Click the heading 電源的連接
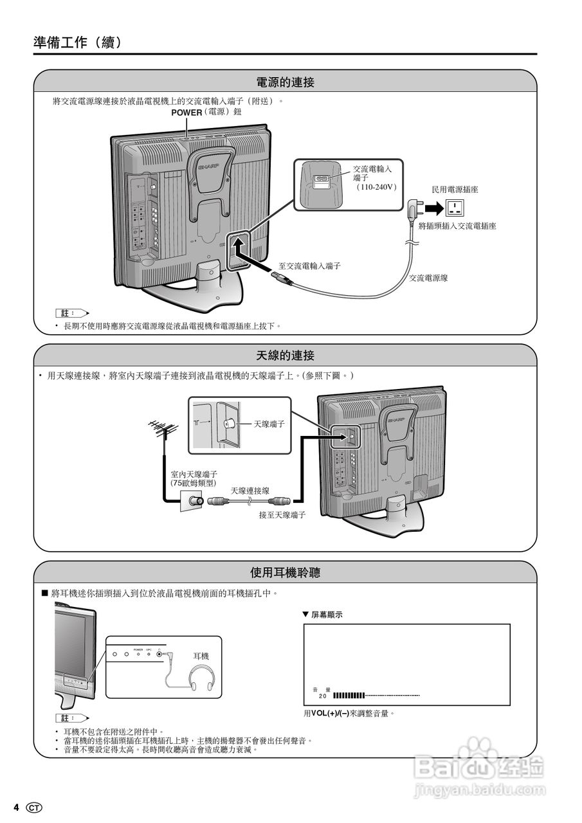285,82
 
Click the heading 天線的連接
285,356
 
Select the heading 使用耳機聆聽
285,572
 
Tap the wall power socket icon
455,208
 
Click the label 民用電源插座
455,190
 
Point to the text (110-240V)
376,187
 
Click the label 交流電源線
429,278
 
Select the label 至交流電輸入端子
309,266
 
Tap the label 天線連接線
250,491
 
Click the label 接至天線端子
282,515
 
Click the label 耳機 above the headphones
201,656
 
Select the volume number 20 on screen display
323,696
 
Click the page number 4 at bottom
17,807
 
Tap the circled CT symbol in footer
34,807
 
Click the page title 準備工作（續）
77,42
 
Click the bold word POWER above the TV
186,113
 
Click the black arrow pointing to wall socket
435,208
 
